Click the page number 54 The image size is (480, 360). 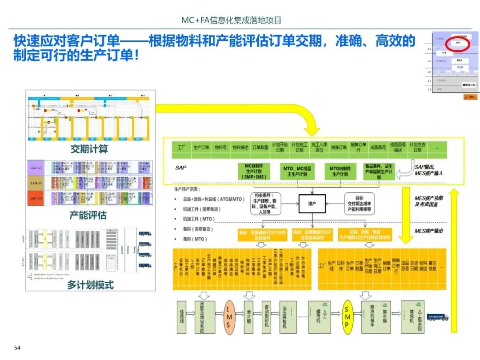point(18,347)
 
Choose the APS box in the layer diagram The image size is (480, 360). point(444,52)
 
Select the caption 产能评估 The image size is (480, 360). point(88,216)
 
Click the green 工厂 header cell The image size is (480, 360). point(181,147)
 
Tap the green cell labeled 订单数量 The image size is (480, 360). point(260,147)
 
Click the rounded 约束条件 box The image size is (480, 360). point(266,204)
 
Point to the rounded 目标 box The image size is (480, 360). point(359,203)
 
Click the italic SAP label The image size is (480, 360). point(181,167)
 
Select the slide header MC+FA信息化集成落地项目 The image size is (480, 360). point(232,20)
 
